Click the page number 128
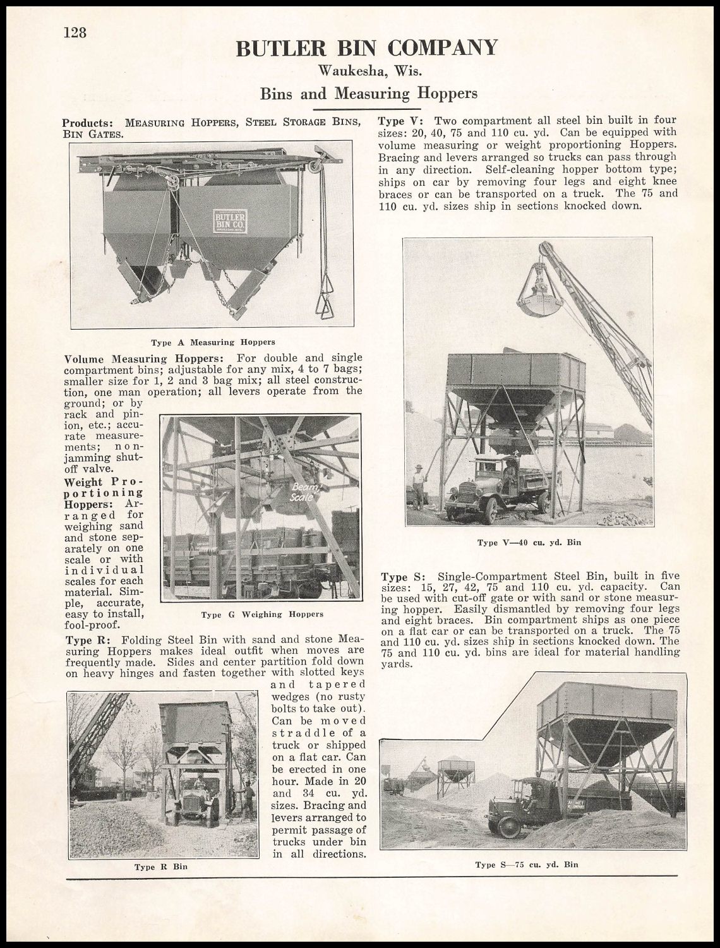pos(75,32)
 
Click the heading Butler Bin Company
pos(366,48)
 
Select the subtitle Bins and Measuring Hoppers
pos(369,93)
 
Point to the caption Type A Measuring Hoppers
pos(213,342)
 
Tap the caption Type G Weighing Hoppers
pos(262,614)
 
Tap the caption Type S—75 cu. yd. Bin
pos(527,865)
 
